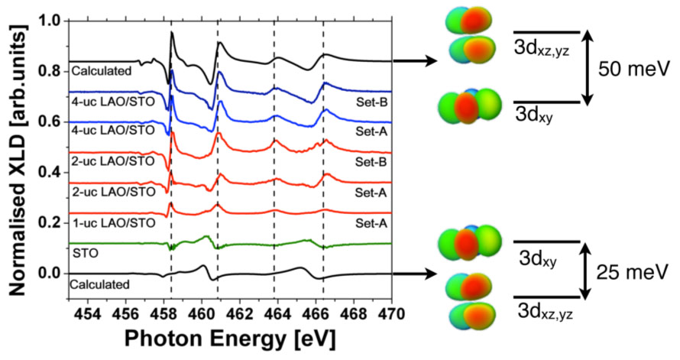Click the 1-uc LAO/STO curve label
tap(112, 222)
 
